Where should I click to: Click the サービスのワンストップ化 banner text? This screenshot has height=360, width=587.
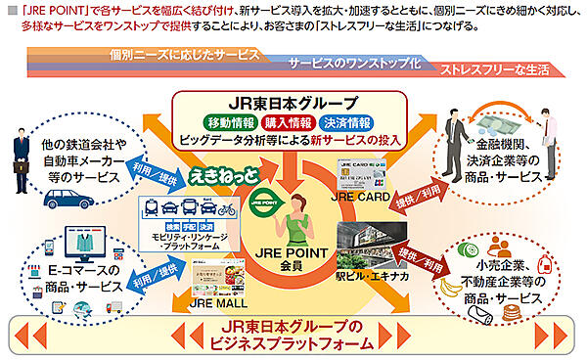(354, 61)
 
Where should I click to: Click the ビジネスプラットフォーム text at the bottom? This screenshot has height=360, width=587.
(293, 344)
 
